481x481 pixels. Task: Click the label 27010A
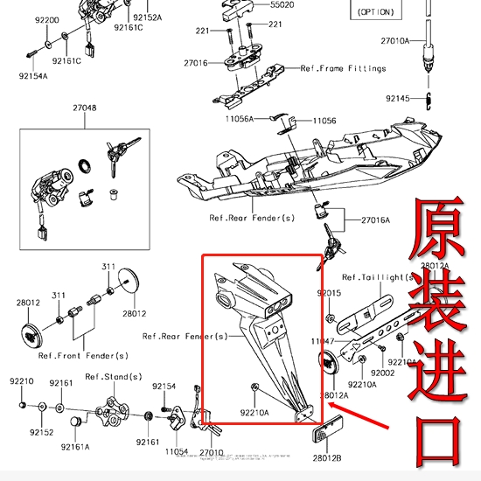(395, 41)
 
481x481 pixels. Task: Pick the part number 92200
(47, 19)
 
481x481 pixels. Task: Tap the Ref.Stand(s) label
(114, 377)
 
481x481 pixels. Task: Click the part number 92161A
(75, 446)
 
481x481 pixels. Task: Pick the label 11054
(177, 453)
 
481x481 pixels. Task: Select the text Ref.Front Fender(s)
(83, 356)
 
